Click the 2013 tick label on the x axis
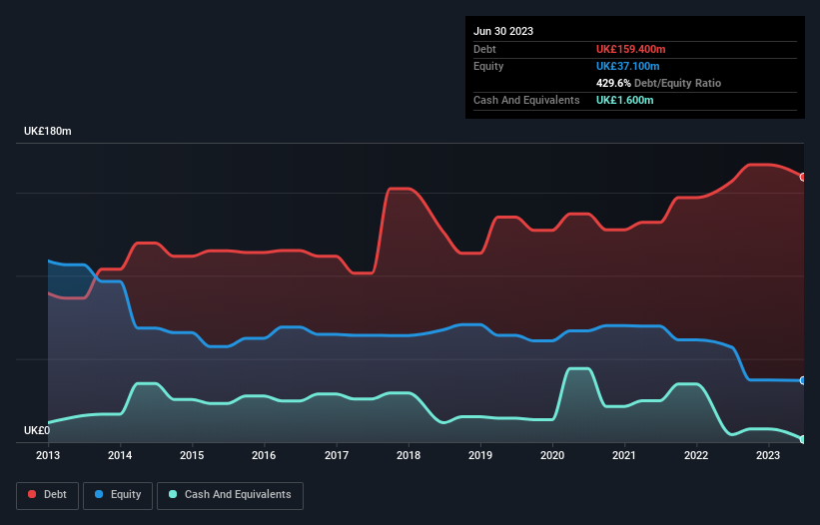48,455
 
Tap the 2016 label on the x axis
264,455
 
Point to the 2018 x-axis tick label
408,455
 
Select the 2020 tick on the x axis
551,455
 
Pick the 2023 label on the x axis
767,455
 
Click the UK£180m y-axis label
47,132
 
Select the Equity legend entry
118,494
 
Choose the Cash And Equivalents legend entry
230,494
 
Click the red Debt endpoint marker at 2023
803,177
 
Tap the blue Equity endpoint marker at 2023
803,380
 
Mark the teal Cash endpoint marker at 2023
803,439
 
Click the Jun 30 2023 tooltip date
503,31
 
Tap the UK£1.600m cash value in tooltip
625,101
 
